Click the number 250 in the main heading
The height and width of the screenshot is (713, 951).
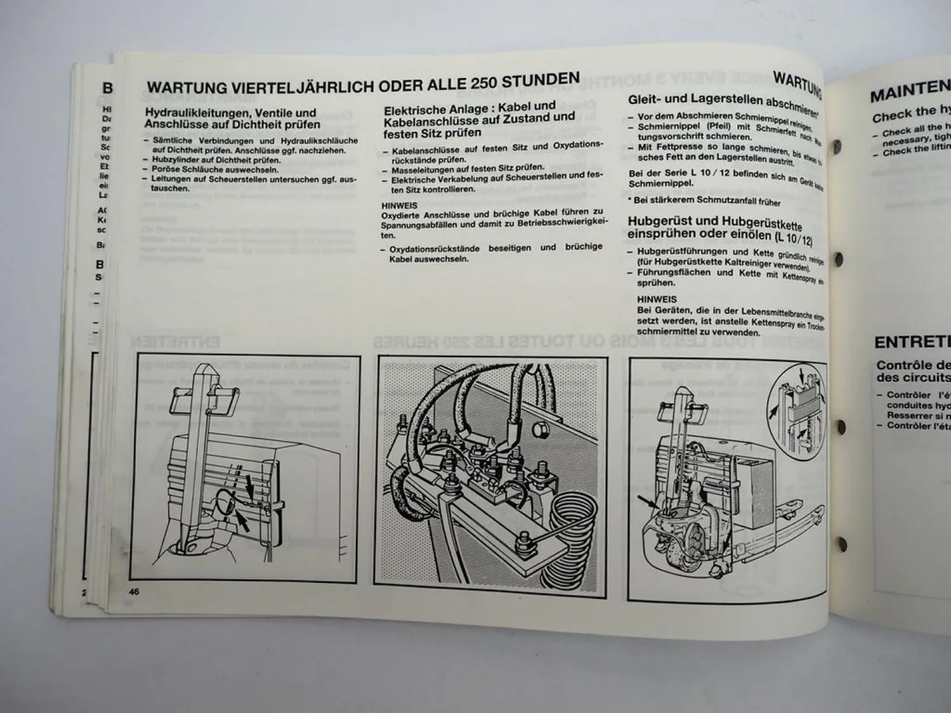(x=485, y=83)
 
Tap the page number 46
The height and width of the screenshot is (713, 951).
(x=134, y=591)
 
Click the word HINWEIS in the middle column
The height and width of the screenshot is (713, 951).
(x=399, y=205)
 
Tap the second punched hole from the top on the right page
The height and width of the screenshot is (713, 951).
(x=838, y=259)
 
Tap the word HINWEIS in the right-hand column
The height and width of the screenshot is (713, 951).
(x=656, y=299)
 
